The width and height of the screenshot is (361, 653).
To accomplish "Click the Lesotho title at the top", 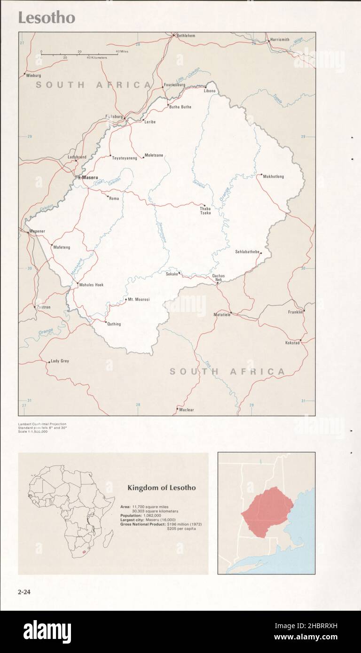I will [47, 18].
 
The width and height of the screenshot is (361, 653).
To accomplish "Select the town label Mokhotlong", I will [273, 177].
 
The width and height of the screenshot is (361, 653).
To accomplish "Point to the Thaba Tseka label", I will [205, 210].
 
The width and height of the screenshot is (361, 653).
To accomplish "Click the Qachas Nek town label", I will [218, 277].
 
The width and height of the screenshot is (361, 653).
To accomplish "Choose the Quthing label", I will [114, 324].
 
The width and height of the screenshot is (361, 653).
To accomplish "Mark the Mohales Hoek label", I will [91, 285].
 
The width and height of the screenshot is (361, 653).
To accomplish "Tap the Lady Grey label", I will [60, 361].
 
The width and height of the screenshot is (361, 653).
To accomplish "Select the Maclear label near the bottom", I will [187, 410].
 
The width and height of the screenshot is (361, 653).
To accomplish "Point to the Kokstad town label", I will [292, 343].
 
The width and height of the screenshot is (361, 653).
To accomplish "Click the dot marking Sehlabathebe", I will [260, 253].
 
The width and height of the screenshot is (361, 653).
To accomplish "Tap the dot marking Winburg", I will [24, 73].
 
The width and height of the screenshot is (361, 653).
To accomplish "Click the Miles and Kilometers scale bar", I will [79, 54].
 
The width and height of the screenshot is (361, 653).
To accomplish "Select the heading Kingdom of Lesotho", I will [162, 488].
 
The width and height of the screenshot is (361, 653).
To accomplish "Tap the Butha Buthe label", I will [180, 107].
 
